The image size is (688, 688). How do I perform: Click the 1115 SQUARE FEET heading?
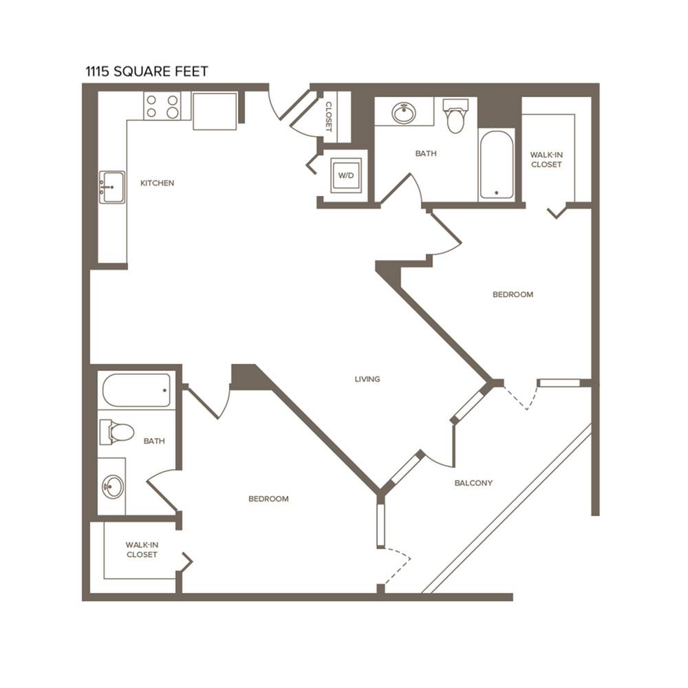(147, 71)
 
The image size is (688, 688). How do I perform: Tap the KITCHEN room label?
(157, 183)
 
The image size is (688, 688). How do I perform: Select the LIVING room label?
(367, 379)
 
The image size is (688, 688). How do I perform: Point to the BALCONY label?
(473, 483)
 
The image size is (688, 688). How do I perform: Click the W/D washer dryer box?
(346, 175)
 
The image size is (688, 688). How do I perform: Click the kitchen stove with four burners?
(162, 106)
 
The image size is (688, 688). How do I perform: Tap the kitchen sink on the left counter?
(112, 187)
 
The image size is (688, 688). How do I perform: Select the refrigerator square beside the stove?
(215, 111)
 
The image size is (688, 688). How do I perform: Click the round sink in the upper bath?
(404, 113)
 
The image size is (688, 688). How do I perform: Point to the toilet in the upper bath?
(455, 116)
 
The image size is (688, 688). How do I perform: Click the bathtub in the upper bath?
(496, 164)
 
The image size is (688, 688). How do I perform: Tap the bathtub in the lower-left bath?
(136, 390)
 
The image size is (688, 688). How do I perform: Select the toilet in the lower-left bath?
(116, 432)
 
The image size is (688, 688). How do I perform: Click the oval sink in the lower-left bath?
(113, 486)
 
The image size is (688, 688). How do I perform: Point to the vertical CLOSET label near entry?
(329, 117)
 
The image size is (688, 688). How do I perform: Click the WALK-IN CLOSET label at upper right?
(546, 160)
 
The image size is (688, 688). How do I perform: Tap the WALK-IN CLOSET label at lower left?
(142, 550)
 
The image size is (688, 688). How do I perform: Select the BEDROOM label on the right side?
(513, 294)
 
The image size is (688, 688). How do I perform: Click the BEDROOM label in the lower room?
(268, 499)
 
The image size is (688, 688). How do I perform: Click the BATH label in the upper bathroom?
(426, 153)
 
